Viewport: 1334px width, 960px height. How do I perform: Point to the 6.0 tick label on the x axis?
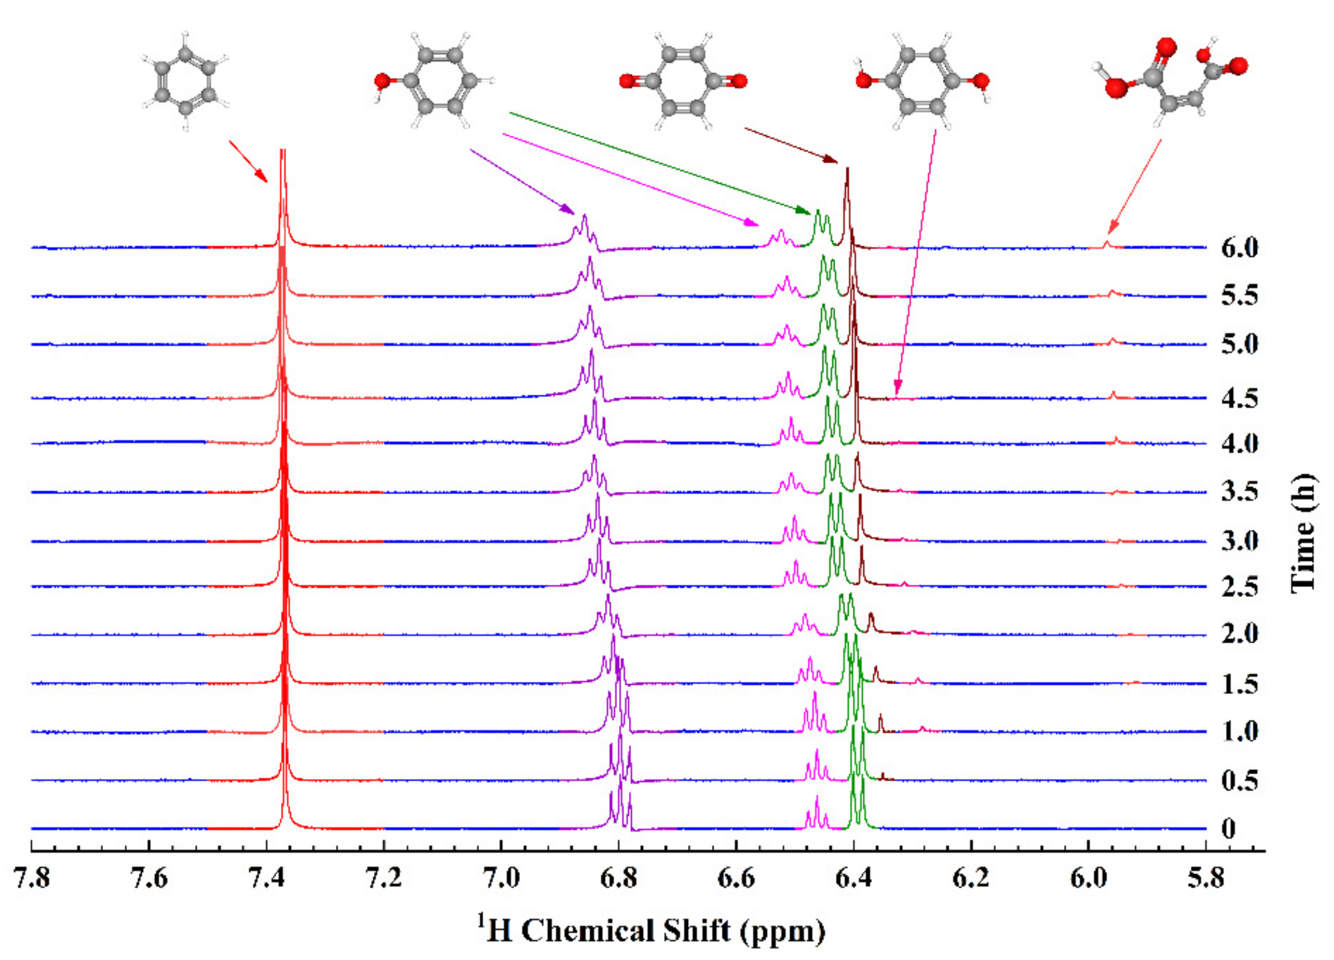tap(1089, 878)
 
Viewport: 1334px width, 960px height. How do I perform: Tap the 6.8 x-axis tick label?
tap(619, 878)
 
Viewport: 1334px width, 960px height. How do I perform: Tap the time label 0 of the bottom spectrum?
tap(1228, 829)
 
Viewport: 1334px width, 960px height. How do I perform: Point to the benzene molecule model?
tap(185, 81)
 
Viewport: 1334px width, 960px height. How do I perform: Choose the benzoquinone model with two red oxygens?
tap(683, 81)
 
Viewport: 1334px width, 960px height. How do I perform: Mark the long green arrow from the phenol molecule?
tap(659, 162)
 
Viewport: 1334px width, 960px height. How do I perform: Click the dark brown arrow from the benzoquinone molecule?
tap(791, 145)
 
